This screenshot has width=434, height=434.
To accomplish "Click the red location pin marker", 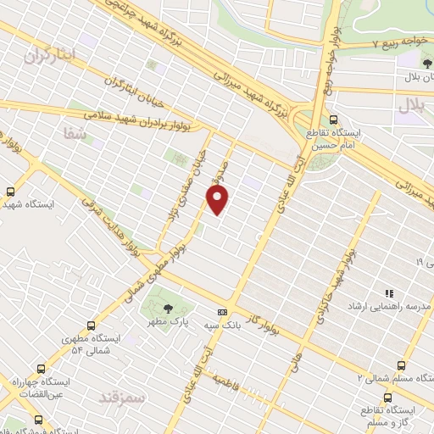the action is coord(218,199).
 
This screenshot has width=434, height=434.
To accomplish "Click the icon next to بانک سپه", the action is coord(223,311).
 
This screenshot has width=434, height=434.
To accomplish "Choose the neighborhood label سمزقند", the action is coord(122,397).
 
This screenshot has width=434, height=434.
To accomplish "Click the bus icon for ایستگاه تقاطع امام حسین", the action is coord(333,120).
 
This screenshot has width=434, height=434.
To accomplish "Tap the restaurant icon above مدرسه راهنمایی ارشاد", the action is coord(389,292).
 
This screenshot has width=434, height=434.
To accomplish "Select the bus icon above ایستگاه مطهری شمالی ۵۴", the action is coord(92,325).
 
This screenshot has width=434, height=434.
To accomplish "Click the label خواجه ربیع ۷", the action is coord(396,42).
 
